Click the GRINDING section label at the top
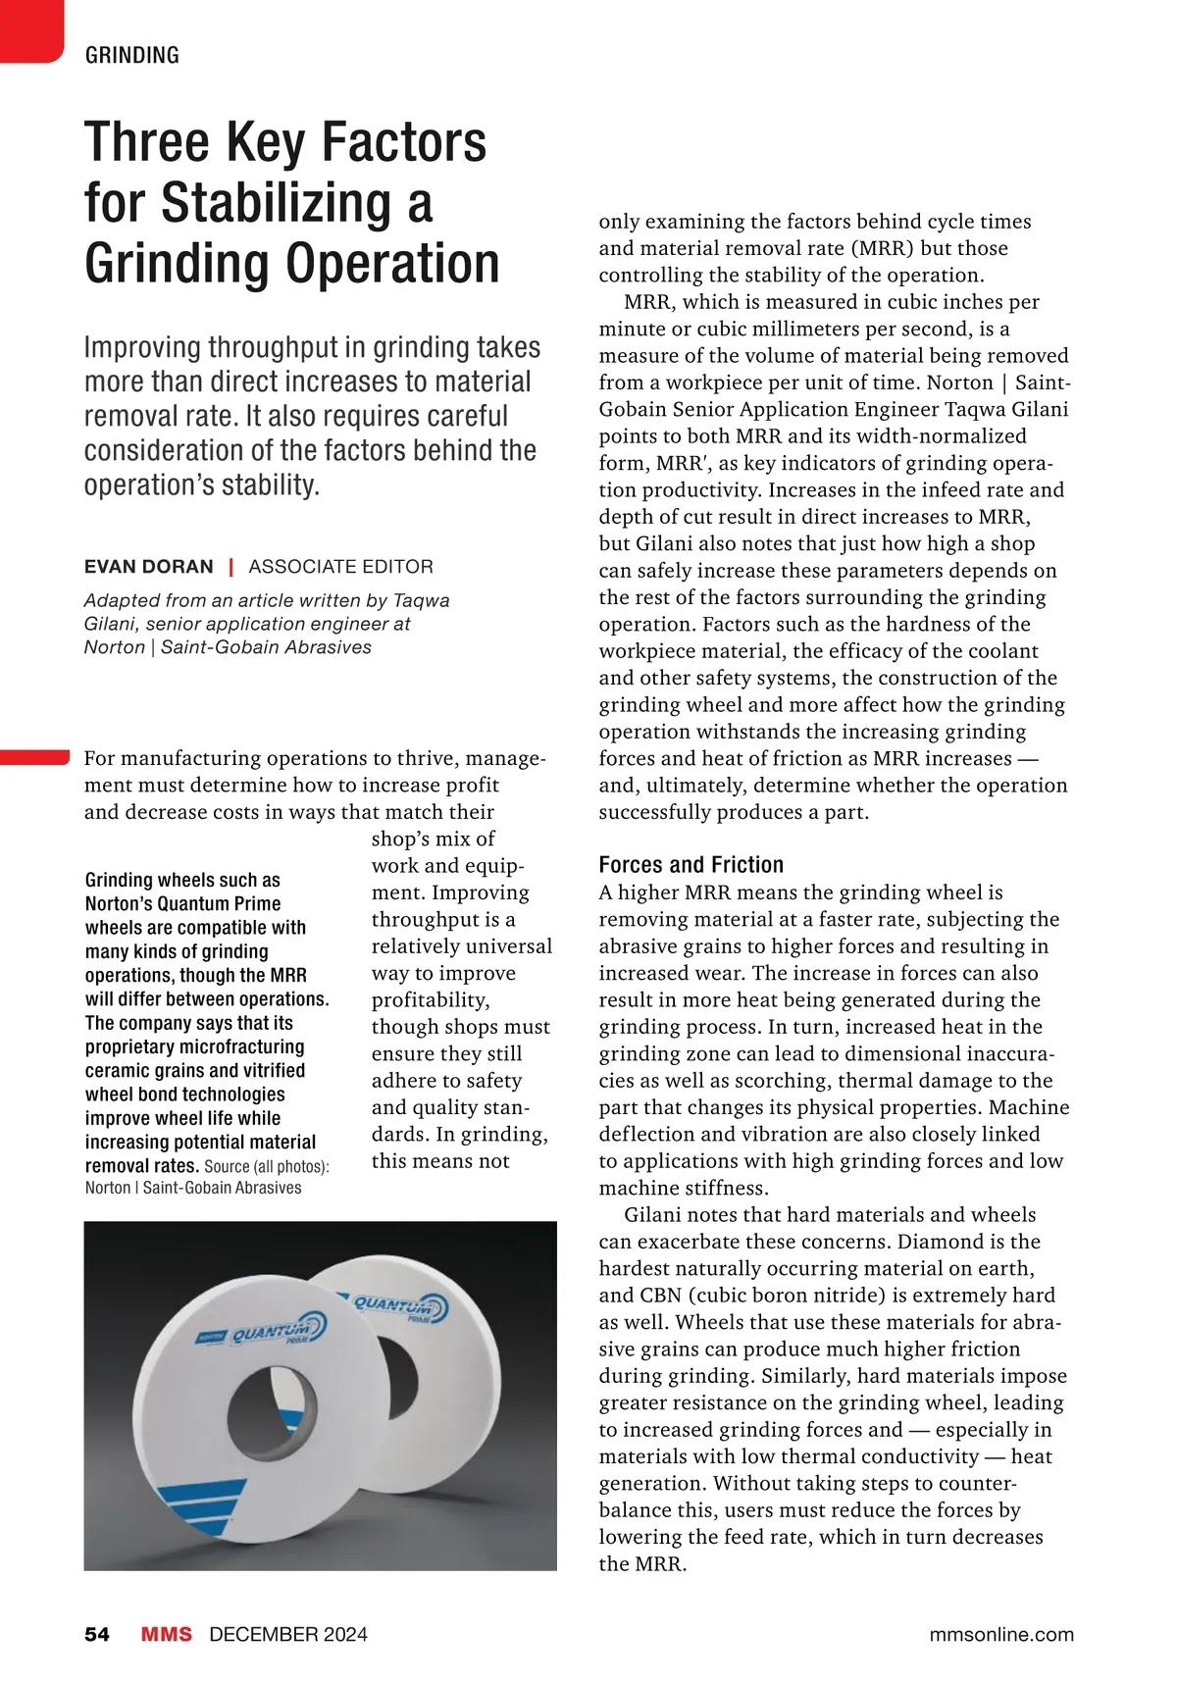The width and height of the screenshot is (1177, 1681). (x=132, y=55)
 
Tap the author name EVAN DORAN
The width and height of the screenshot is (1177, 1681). (x=148, y=567)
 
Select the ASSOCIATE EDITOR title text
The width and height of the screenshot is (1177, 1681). (x=340, y=567)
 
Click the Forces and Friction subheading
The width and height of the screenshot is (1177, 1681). (x=691, y=865)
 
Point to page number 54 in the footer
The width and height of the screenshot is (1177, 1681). (x=97, y=1634)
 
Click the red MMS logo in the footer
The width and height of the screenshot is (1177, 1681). (x=167, y=1634)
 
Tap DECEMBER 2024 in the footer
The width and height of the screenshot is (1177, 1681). (x=288, y=1634)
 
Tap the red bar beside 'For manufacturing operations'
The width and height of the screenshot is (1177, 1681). (x=35, y=757)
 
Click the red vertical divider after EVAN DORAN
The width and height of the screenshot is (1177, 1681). (x=230, y=567)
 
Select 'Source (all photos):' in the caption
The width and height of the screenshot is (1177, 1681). (x=267, y=1167)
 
